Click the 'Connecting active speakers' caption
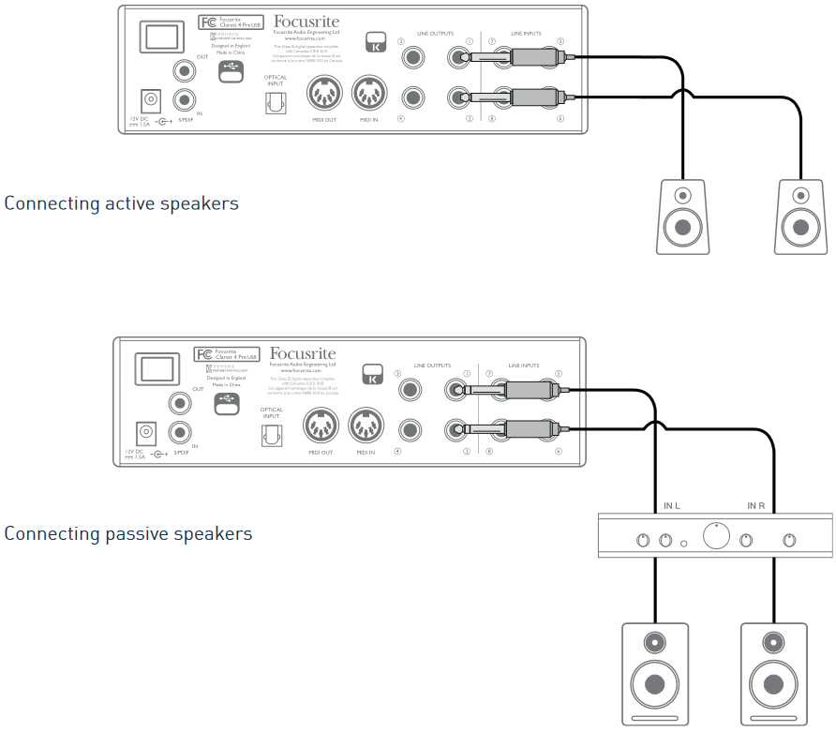click(x=121, y=203)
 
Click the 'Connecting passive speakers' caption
click(x=127, y=533)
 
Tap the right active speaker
click(x=800, y=216)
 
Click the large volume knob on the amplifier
click(x=716, y=538)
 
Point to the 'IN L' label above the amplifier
click(x=671, y=506)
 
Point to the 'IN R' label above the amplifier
click(x=757, y=506)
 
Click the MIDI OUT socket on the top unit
click(x=324, y=95)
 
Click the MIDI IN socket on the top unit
click(x=369, y=95)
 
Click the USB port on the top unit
click(x=231, y=72)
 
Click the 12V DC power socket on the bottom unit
click(x=147, y=433)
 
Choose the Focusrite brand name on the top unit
click(x=306, y=21)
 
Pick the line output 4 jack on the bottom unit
click(x=410, y=431)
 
